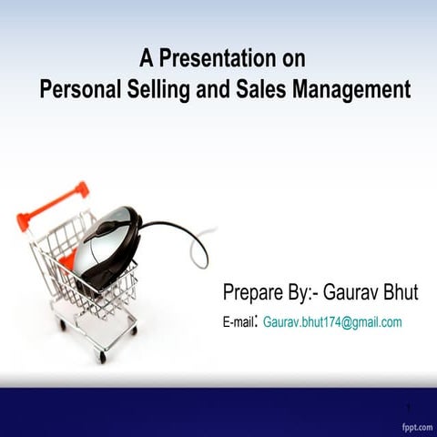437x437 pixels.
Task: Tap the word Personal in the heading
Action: pyautogui.click(x=77, y=90)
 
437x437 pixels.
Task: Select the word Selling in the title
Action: pyautogui.click(x=158, y=91)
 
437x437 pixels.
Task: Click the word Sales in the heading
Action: pyautogui.click(x=262, y=90)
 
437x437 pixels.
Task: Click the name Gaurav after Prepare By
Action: pyautogui.click(x=351, y=293)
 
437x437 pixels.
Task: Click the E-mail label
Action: pyautogui.click(x=239, y=323)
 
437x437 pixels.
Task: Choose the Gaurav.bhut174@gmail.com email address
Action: pyautogui.click(x=332, y=322)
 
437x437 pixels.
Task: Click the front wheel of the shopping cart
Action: pyautogui.click(x=102, y=358)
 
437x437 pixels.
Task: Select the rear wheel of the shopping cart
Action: pyautogui.click(x=62, y=323)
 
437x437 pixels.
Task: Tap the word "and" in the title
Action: pyautogui.click(x=215, y=90)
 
